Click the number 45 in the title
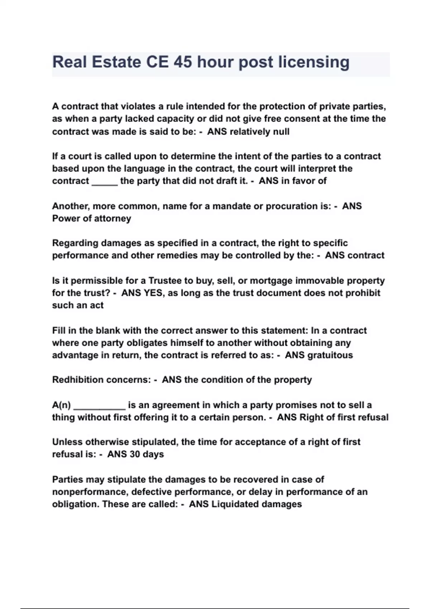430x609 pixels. (183, 62)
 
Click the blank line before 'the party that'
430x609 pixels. (105, 182)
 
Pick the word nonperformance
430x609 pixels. (89, 492)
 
